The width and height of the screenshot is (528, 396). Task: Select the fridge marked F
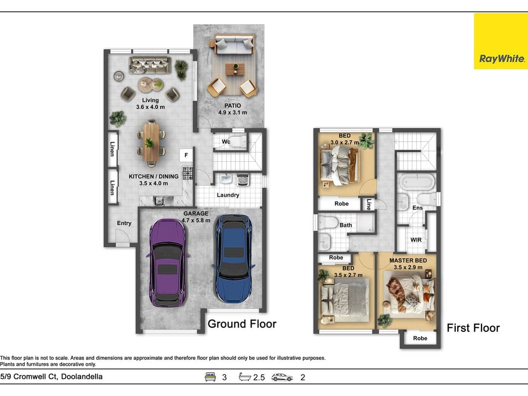[186, 155]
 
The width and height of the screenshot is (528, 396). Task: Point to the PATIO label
[232, 106]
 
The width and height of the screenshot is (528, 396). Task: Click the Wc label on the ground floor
[226, 142]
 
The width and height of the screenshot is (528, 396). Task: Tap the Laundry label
[228, 195]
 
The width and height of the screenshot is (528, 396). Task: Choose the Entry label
[124, 223]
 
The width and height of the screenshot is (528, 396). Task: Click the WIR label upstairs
[416, 240]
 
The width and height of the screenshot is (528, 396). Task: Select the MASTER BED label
[408, 260]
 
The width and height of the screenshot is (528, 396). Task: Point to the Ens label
[418, 208]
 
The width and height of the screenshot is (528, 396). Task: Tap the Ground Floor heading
[242, 324]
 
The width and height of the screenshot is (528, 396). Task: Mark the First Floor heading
[473, 328]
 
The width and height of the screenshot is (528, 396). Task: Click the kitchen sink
[160, 201]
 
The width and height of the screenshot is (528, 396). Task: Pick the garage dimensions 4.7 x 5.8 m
[197, 220]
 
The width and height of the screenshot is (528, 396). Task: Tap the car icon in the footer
[282, 377]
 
